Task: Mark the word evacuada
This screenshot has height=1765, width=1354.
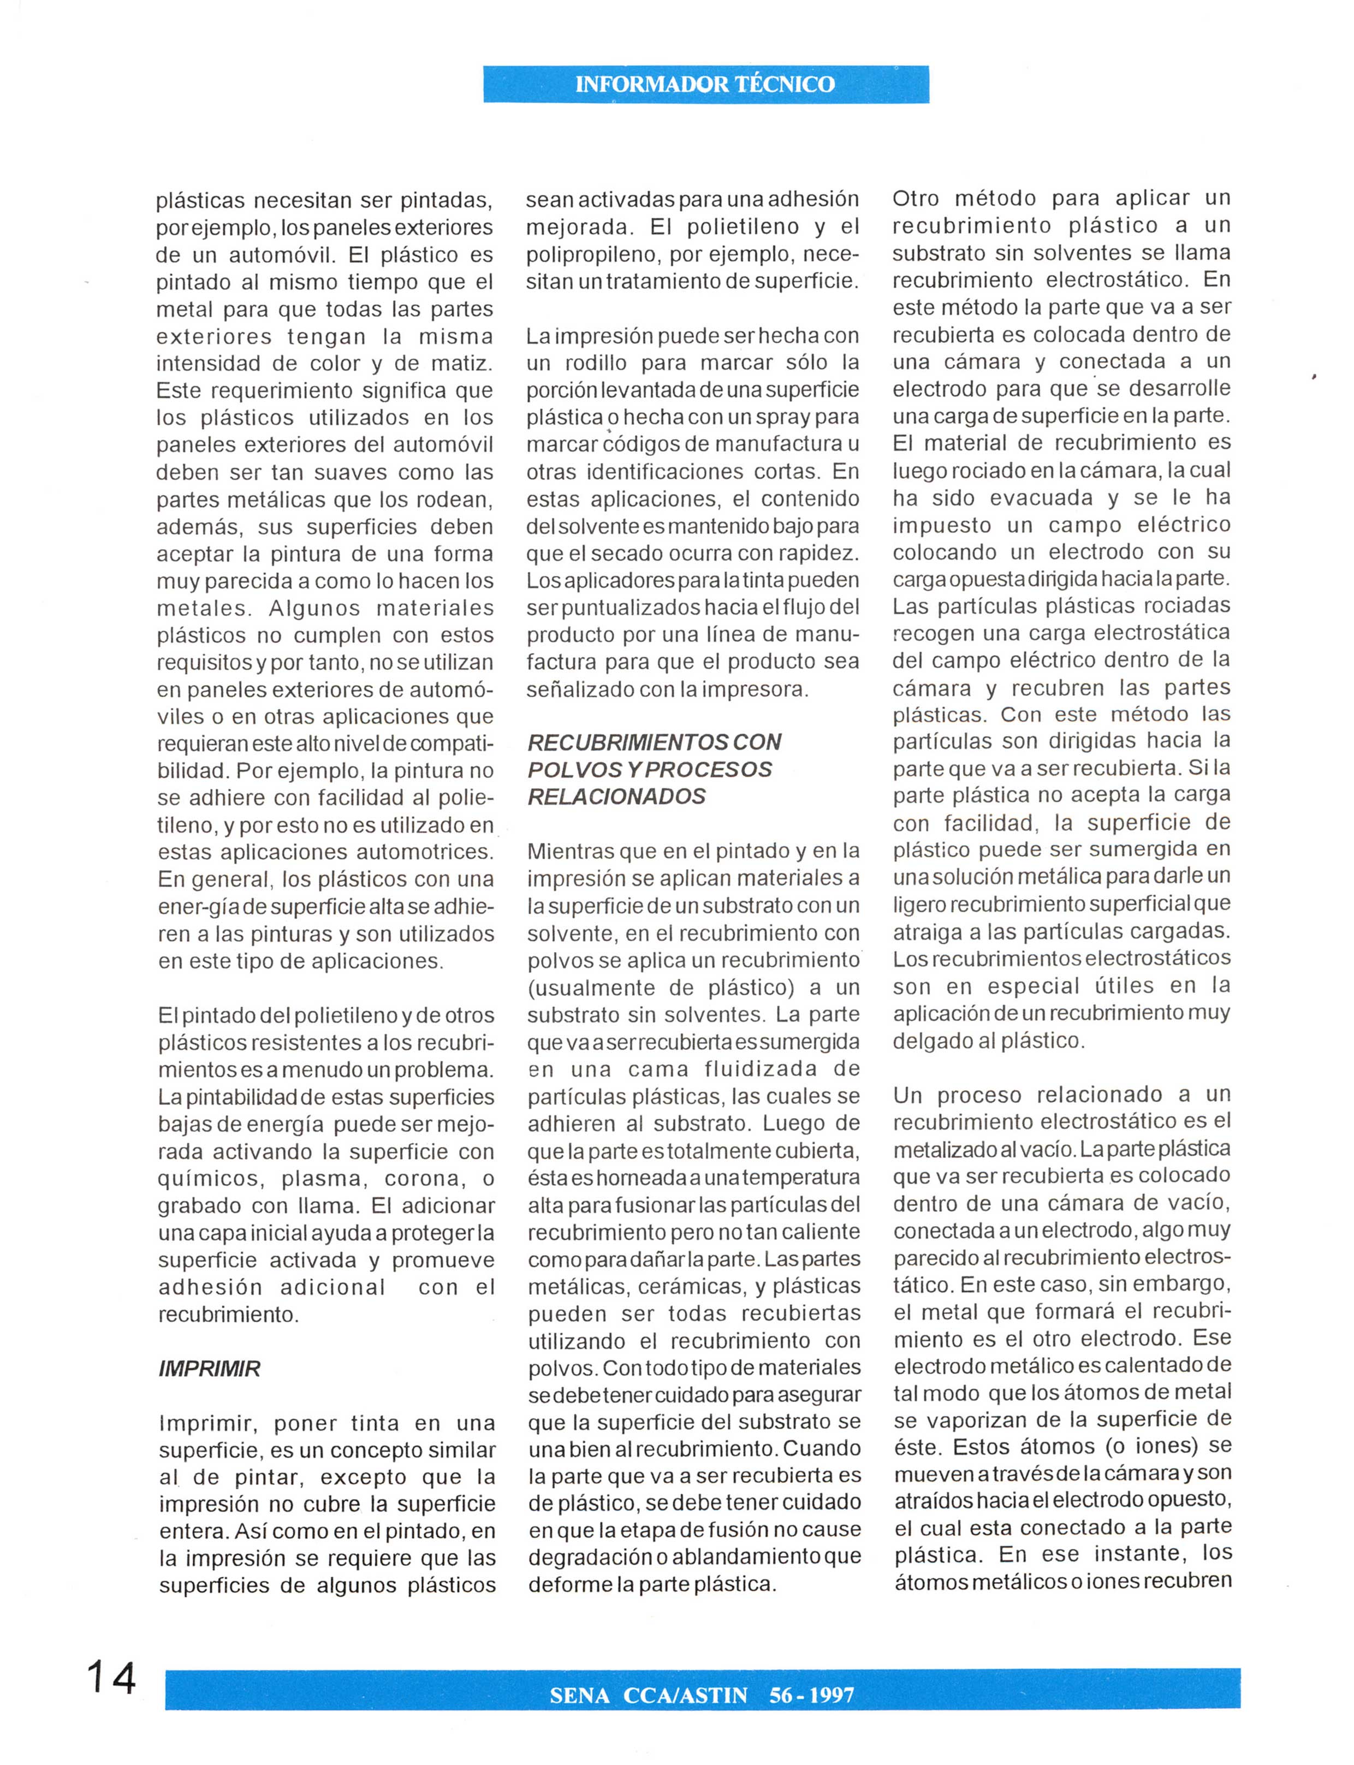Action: click(1041, 498)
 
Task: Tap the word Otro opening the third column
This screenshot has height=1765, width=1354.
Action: click(921, 198)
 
